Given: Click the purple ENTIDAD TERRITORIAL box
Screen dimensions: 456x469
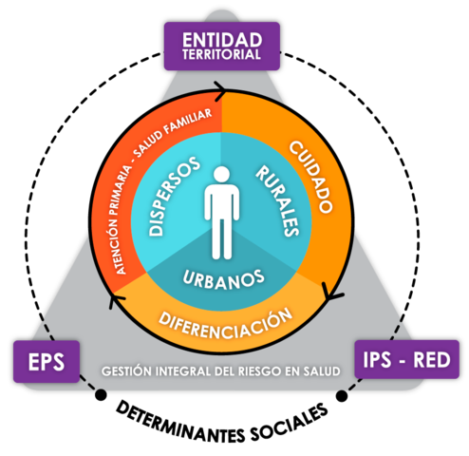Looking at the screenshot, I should tap(222, 46).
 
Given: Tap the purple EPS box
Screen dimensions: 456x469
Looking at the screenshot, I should tap(45, 362).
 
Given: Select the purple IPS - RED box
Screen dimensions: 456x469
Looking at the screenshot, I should tap(406, 360).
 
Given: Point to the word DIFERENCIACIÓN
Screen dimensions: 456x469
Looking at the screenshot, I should tap(223, 319).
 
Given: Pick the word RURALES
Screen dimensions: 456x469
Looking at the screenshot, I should tap(277, 200).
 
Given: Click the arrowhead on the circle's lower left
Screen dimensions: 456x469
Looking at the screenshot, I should tap(113, 303).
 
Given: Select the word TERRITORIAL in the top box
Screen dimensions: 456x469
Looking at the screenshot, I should tap(222, 55).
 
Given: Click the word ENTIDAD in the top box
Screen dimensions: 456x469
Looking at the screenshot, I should tap(222, 39).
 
